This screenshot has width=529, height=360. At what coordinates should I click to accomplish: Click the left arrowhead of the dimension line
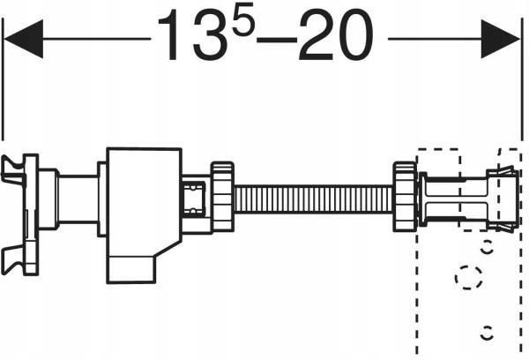coord(24,39)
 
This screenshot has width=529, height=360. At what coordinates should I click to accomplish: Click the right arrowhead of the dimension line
coord(500,39)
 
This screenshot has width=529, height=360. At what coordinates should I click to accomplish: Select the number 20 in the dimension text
coord(336,35)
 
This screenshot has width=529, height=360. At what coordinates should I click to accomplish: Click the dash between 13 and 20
coord(276,40)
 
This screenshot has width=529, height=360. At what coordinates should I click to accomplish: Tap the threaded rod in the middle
coord(313,199)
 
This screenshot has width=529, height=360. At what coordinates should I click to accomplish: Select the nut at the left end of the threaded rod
coord(222,197)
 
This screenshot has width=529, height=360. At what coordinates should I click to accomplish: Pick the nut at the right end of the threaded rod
coord(405,197)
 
